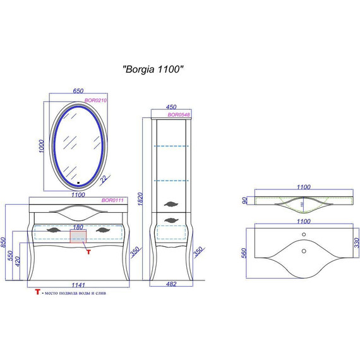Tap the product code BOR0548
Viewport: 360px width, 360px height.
[179, 115]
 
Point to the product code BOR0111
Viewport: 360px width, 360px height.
[112, 200]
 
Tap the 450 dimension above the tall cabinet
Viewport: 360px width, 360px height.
[171, 107]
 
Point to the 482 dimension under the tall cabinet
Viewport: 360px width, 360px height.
[171, 285]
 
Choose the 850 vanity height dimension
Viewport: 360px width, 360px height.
[6, 243]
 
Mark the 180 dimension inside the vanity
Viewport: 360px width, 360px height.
[78, 227]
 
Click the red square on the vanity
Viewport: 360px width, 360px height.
[78, 237]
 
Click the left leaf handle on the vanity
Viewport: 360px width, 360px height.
[55, 230]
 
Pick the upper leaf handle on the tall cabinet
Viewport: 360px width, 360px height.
[171, 203]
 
